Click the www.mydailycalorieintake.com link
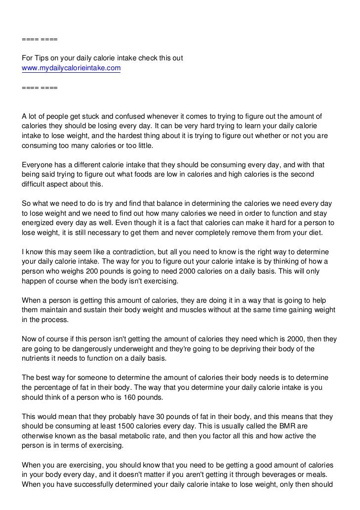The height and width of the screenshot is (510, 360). click(x=71, y=68)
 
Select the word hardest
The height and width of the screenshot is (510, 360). click(x=156, y=136)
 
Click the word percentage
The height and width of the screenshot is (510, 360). click(x=52, y=387)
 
